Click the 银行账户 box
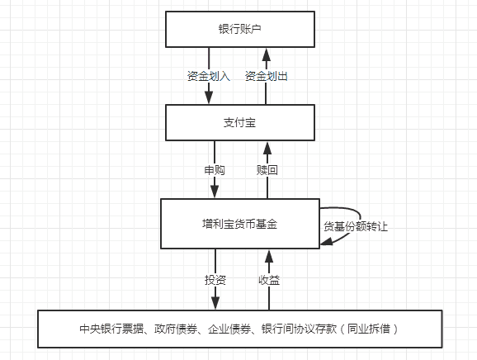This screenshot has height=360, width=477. coord(239,29)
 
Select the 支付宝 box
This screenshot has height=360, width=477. coord(239,122)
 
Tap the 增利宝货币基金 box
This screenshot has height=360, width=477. coord(239,224)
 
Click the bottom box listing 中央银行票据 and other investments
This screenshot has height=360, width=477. coord(239,329)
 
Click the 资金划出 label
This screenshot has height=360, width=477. coord(266,76)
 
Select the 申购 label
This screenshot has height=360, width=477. coord(215,170)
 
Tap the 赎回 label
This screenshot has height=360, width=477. coord(266,170)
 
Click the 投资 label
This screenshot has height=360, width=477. coord(215,279)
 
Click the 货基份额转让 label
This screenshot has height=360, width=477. coord(352,225)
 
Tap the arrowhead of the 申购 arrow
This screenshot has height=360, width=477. coord(215,192)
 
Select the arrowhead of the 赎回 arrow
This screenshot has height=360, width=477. coord(266,149)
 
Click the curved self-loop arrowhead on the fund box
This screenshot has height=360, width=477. coord(326,241)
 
